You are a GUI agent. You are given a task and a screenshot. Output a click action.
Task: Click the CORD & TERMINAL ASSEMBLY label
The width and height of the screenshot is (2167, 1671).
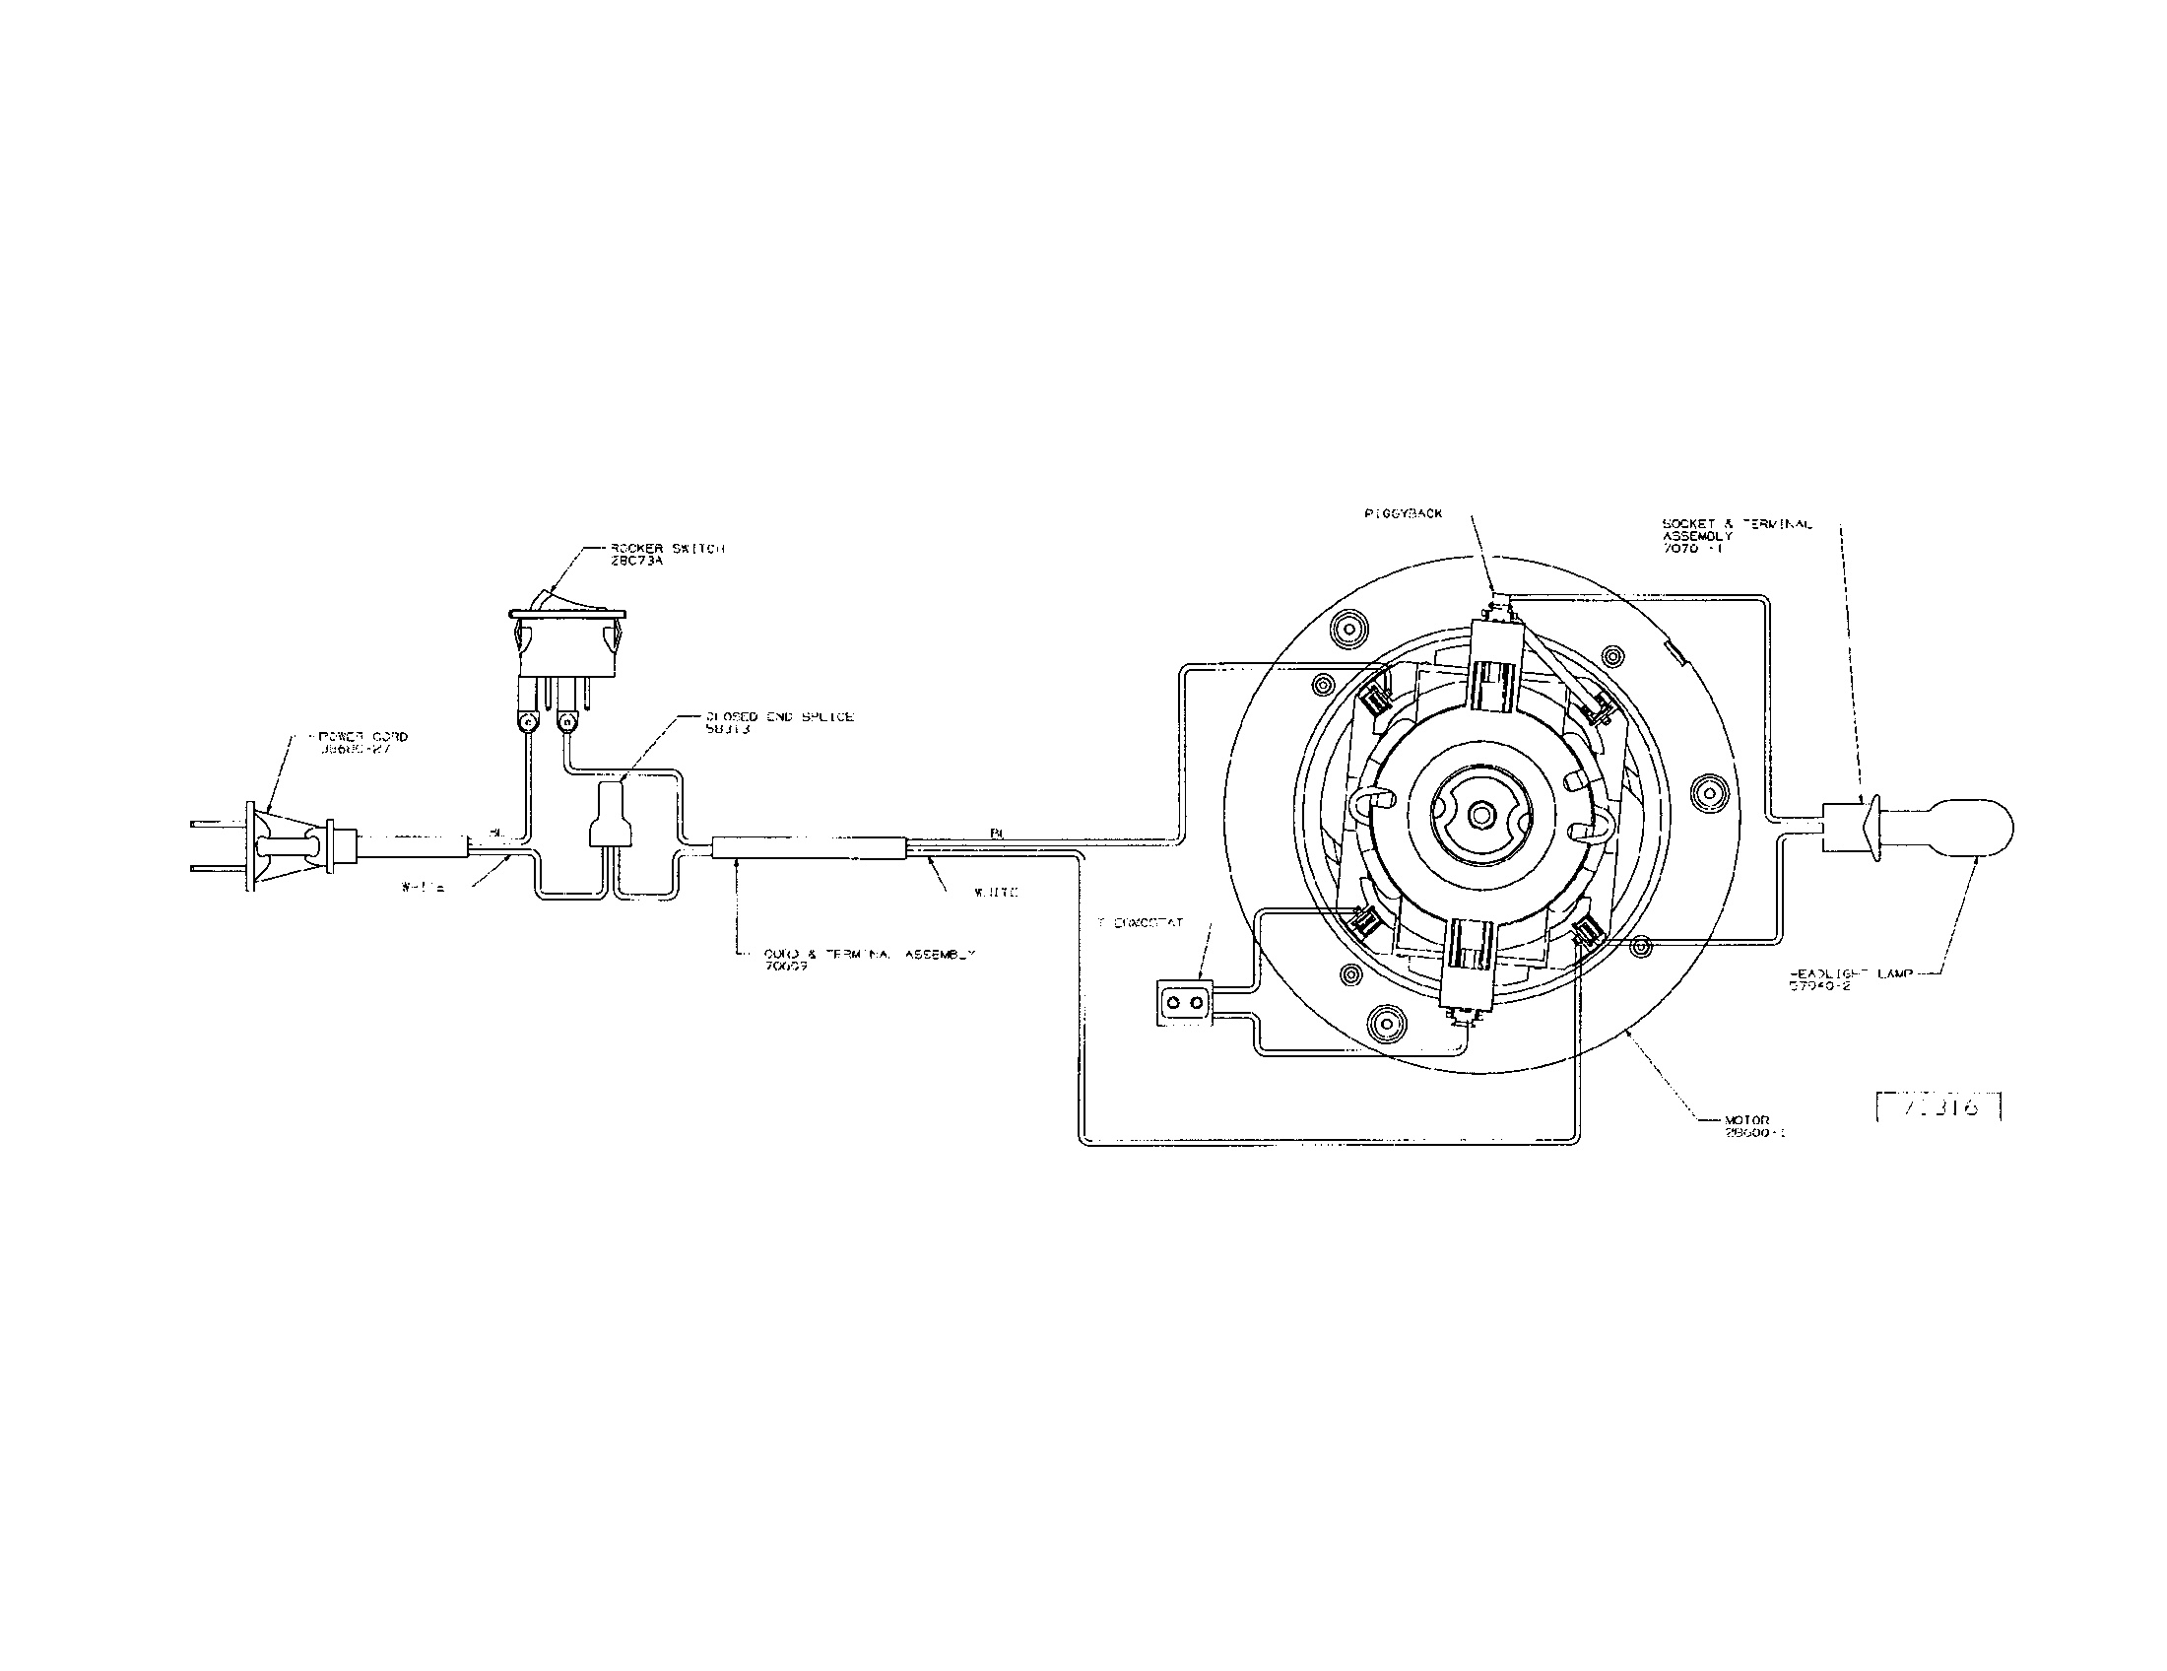click(x=869, y=959)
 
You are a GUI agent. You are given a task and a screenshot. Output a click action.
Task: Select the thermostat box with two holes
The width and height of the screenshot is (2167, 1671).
click(x=1185, y=1003)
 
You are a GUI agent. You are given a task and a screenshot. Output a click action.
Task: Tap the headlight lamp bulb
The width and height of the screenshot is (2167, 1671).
click(x=1950, y=827)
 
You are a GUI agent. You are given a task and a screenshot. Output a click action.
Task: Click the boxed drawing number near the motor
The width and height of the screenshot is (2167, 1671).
click(x=1937, y=1106)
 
